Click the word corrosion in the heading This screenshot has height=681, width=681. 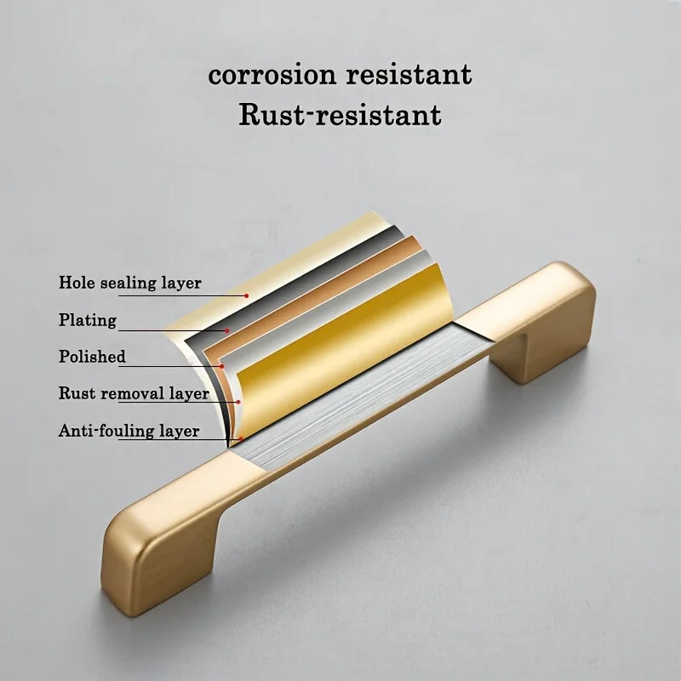point(272,75)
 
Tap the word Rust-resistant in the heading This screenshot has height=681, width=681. point(340,115)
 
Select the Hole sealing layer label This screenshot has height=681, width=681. point(130,283)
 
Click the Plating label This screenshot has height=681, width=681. point(88,320)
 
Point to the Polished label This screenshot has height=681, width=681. point(92,356)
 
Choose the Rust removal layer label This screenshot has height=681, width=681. point(134,393)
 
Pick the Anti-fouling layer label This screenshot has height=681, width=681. point(129,431)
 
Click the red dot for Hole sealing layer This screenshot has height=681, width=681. point(246,295)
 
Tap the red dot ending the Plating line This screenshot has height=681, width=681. point(226,330)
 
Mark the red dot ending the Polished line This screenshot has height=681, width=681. point(222,367)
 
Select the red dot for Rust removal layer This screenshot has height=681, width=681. point(239,402)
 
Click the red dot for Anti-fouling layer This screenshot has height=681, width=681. point(241,438)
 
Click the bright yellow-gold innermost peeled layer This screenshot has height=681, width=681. point(343,352)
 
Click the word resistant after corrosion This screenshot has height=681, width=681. point(409,75)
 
